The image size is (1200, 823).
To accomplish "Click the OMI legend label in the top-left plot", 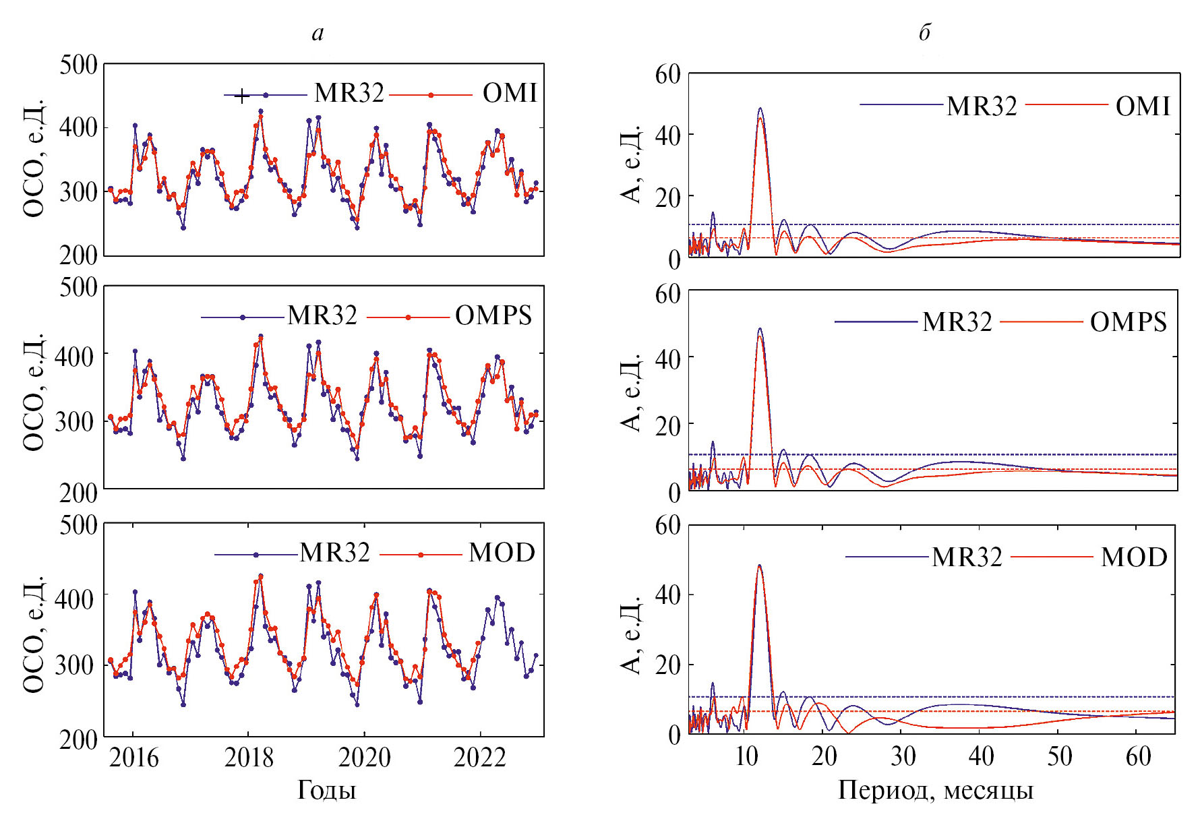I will (x=510, y=93).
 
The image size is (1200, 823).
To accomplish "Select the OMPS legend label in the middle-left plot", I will (x=493, y=315).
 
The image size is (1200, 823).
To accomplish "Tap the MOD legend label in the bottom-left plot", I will (x=502, y=553).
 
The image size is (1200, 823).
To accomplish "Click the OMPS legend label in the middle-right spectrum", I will (x=1128, y=322).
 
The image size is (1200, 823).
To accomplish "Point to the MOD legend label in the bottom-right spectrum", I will (x=1134, y=557).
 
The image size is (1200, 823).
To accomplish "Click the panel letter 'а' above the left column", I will (x=318, y=33).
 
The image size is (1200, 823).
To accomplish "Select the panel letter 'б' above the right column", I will (x=925, y=32).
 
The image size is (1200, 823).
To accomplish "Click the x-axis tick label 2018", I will (x=249, y=758).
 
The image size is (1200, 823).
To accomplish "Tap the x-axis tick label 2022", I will (x=480, y=758).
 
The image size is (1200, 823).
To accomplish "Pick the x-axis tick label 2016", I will (x=133, y=758).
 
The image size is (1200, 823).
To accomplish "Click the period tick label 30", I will (x=903, y=757).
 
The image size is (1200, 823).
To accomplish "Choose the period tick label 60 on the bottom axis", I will (x=1138, y=757).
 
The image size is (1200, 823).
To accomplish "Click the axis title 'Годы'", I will (x=326, y=790).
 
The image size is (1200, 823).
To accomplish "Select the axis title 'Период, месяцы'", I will (x=935, y=790).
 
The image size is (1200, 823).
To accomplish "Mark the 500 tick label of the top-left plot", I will (x=78, y=65).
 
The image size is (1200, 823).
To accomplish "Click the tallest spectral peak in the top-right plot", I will (x=760, y=109).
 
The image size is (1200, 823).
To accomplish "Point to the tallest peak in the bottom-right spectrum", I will (x=759, y=566).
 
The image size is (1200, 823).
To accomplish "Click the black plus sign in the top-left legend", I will (x=241, y=96).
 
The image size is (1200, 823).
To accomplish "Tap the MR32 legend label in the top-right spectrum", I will (x=982, y=106).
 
